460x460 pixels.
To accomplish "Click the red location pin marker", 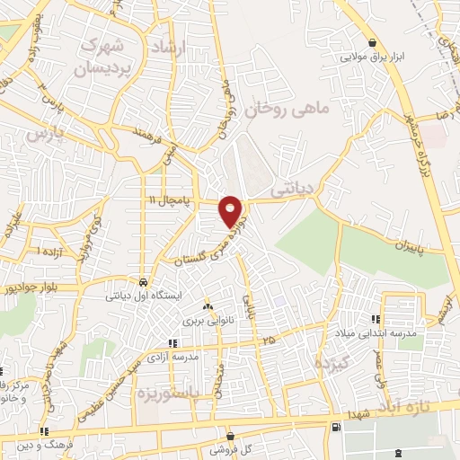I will [x=232, y=209].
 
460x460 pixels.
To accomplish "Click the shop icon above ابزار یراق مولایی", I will [x=372, y=42].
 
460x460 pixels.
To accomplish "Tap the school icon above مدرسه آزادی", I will [x=173, y=342].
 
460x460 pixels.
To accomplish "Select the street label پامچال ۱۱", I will [x=170, y=198].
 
